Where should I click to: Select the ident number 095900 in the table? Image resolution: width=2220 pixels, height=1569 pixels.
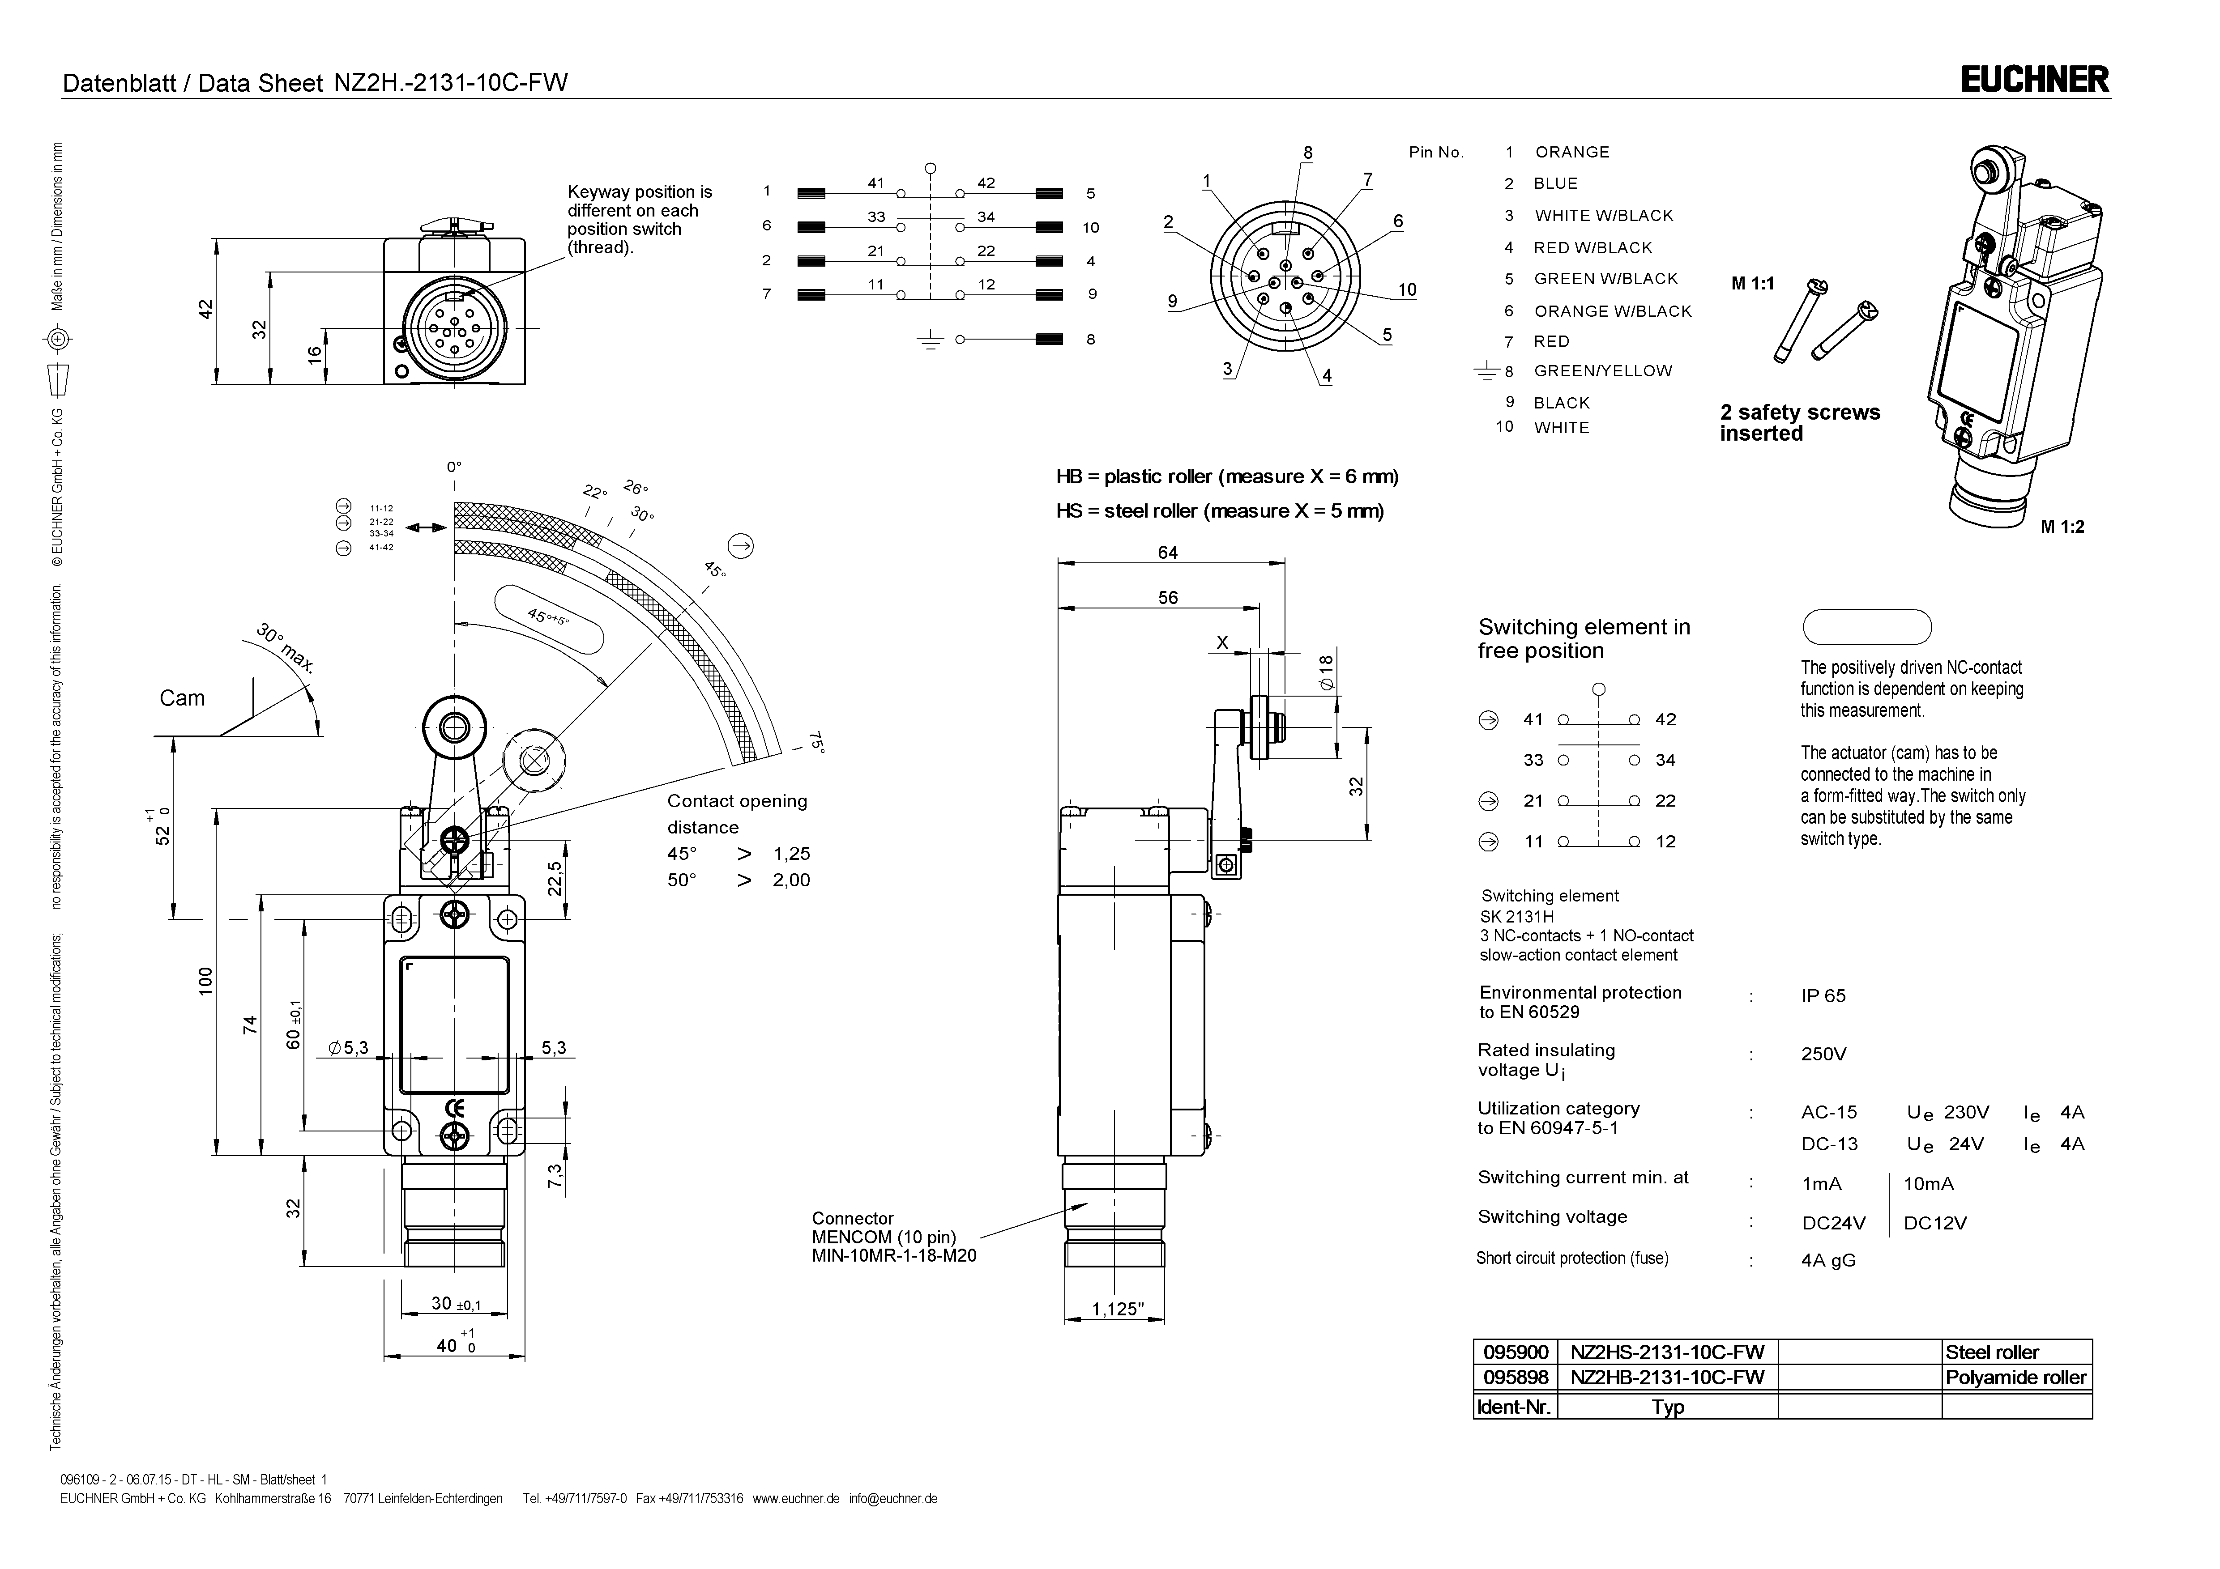(1515, 1352)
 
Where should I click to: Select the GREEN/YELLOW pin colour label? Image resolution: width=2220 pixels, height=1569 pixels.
(1602, 371)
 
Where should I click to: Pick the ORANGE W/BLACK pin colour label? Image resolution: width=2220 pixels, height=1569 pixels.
(1612, 311)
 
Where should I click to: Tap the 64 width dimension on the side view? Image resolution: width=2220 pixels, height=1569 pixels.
(1168, 553)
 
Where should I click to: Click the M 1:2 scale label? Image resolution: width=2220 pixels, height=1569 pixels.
(2062, 527)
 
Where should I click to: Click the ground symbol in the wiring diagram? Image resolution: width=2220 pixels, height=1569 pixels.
(930, 340)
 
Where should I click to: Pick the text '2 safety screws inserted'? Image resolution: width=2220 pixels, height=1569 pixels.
(1799, 422)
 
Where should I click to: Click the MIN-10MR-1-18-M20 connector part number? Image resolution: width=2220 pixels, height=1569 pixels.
(893, 1256)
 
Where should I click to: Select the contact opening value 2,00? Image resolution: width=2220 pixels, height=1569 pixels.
(791, 880)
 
